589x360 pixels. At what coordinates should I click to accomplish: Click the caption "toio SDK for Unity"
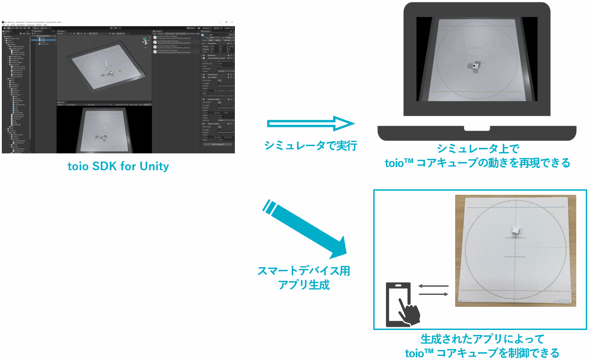(x=118, y=167)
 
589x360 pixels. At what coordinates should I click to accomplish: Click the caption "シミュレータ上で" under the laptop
(x=477, y=148)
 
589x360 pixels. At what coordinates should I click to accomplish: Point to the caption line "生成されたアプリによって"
(x=482, y=339)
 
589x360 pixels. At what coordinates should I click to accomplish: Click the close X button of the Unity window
(x=232, y=22)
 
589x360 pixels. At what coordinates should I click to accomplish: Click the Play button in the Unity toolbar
(x=111, y=28)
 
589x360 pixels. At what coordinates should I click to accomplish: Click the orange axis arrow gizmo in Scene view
(x=119, y=71)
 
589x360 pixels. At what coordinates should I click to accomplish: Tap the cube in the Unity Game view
(x=104, y=137)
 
